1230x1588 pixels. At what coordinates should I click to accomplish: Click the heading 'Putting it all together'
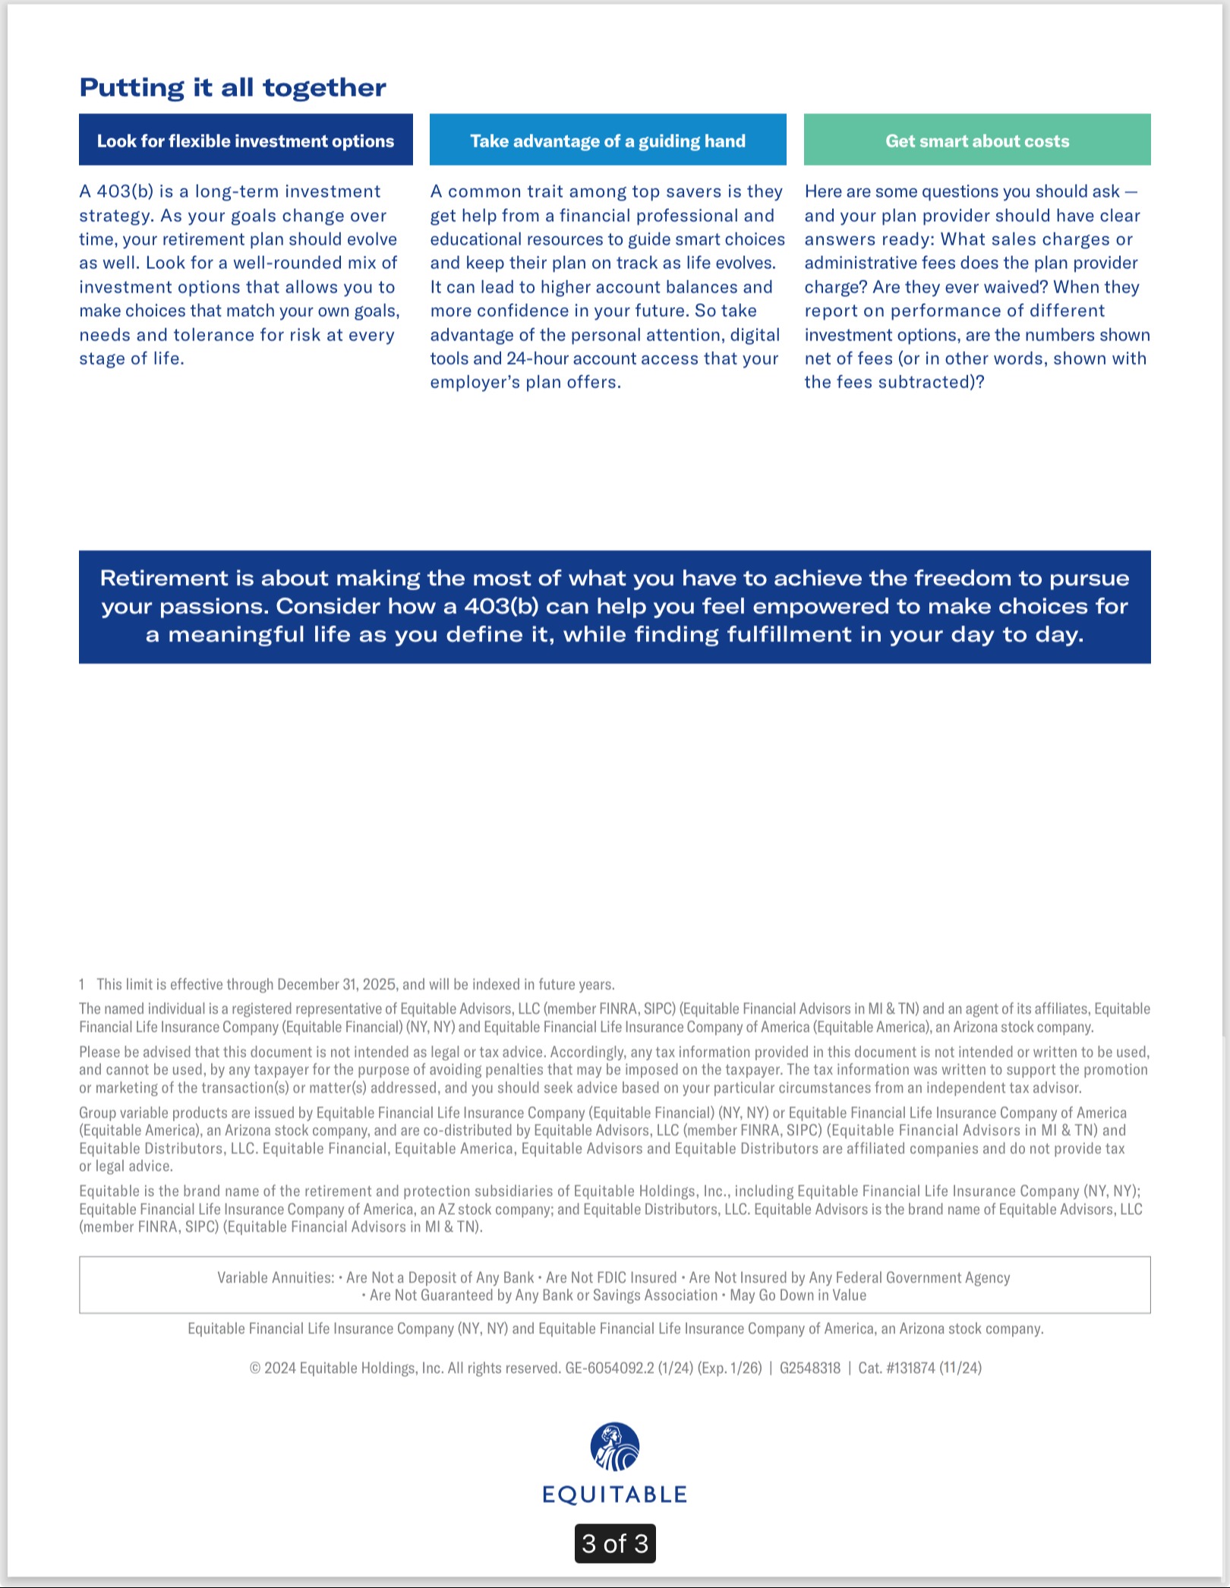[232, 88]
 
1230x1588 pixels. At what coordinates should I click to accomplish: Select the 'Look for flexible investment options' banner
[245, 140]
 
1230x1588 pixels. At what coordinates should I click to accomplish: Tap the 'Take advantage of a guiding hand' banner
[607, 140]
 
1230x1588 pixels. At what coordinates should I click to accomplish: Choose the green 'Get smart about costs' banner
[977, 140]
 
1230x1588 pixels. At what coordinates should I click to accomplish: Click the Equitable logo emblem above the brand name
[615, 1446]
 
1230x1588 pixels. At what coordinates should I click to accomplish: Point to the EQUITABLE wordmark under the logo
[615, 1495]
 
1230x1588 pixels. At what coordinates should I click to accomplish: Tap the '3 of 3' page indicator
[615, 1543]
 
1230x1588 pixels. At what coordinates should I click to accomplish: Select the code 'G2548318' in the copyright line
[810, 1368]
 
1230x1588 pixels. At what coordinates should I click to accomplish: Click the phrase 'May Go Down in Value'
[798, 1295]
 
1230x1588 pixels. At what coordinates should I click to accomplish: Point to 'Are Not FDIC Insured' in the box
[611, 1277]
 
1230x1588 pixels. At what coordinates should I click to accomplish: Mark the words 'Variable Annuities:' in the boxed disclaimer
[276, 1277]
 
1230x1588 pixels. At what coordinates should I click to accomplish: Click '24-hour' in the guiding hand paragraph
[537, 358]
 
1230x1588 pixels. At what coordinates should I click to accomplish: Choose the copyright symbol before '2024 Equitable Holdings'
[255, 1369]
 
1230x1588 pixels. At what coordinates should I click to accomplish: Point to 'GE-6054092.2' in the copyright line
[609, 1368]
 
